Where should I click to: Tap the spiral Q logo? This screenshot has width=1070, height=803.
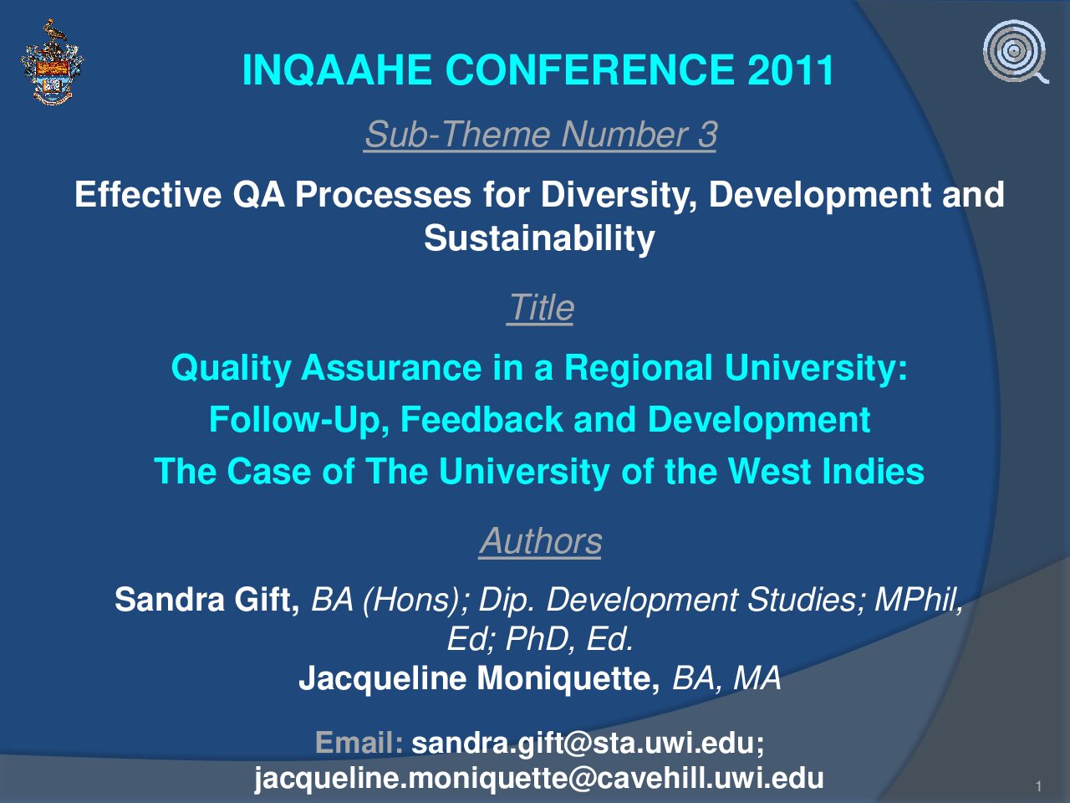tap(1016, 52)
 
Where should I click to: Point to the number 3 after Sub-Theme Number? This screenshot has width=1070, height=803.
tap(707, 134)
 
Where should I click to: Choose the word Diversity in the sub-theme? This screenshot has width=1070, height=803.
tap(618, 195)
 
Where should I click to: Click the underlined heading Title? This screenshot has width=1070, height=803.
tap(541, 308)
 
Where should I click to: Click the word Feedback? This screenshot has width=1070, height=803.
tap(481, 419)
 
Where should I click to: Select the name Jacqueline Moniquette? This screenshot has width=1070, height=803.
tap(479, 678)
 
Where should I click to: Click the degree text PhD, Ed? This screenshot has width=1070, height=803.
tap(569, 639)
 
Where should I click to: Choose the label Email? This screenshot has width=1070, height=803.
tap(359, 743)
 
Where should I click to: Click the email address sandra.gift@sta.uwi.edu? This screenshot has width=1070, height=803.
tap(583, 744)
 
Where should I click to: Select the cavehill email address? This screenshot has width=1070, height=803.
tap(539, 778)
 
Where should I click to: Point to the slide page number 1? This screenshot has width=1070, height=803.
tap(1039, 786)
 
